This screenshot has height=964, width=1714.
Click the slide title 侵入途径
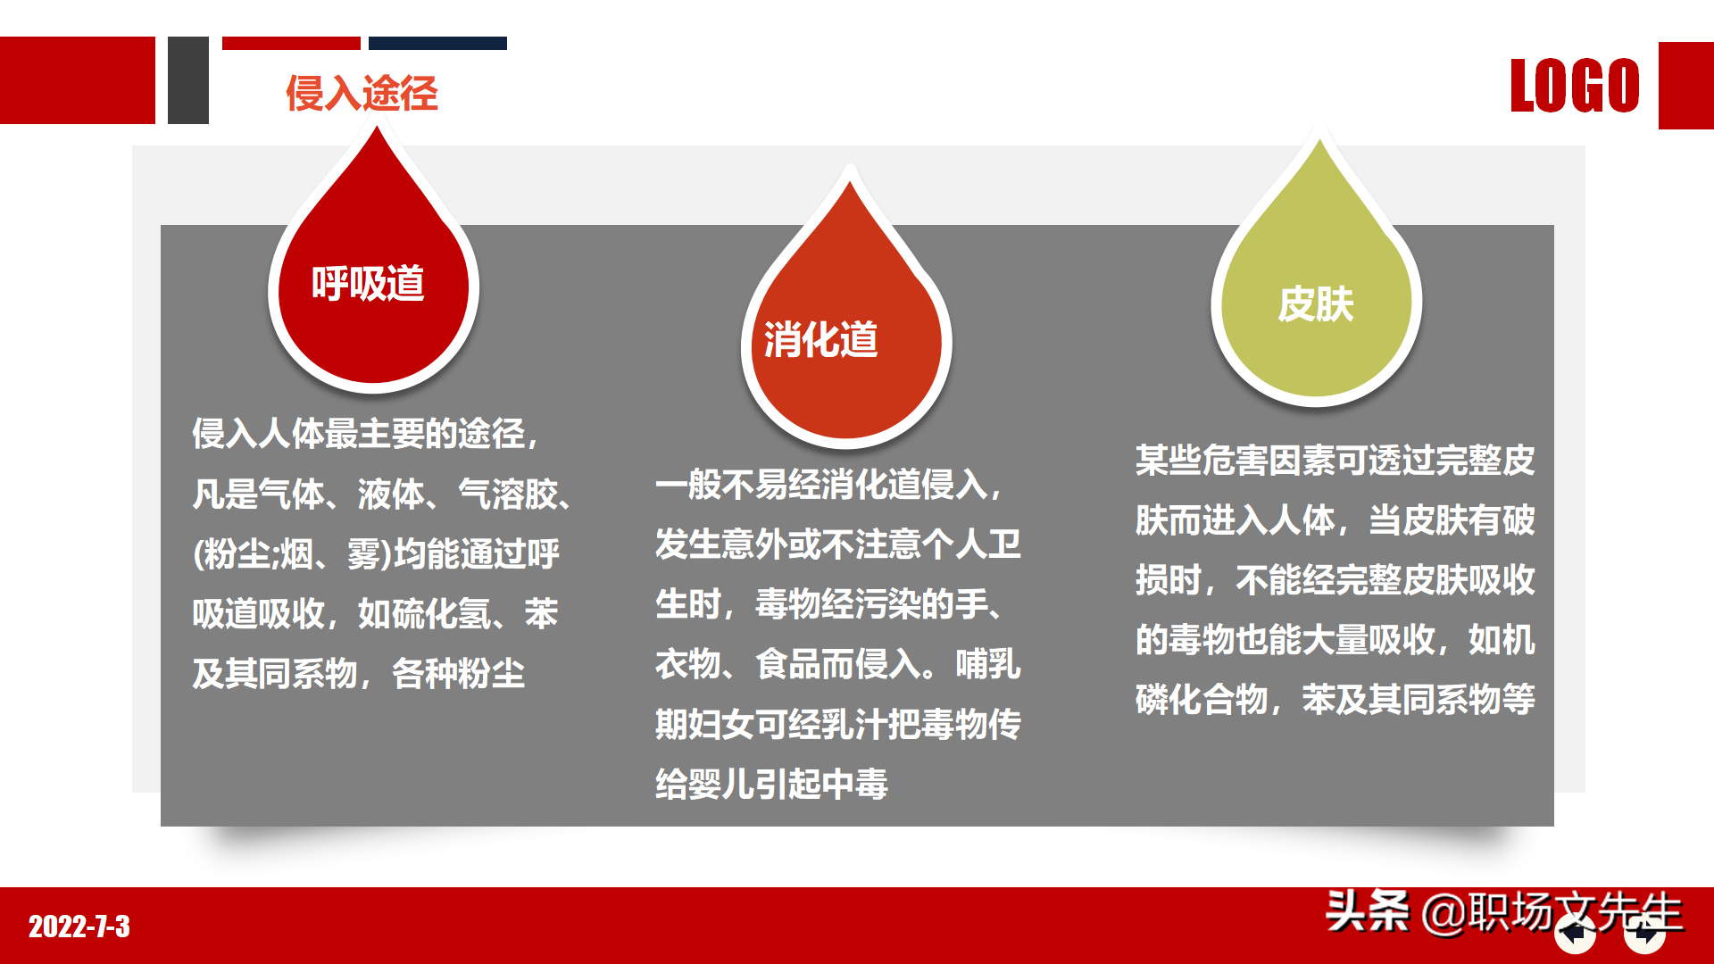pyautogui.click(x=362, y=93)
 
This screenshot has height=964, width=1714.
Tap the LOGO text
pyautogui.click(x=1575, y=86)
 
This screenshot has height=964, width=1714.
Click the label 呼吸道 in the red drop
pyautogui.click(x=368, y=284)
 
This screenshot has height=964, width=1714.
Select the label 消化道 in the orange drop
pyautogui.click(x=820, y=340)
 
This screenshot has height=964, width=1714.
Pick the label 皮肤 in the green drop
pyautogui.click(x=1316, y=304)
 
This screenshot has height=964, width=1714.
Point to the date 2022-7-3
pyautogui.click(x=79, y=927)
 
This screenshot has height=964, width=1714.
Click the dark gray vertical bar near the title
pyautogui.click(x=188, y=80)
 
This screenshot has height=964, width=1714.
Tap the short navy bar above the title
pyautogui.click(x=437, y=43)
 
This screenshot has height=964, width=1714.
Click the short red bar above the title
pyautogui.click(x=291, y=43)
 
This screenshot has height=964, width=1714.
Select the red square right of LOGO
pyautogui.click(x=1685, y=86)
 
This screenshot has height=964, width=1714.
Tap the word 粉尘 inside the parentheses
pyautogui.click(x=237, y=554)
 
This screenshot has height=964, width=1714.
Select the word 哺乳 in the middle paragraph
pyautogui.click(x=987, y=664)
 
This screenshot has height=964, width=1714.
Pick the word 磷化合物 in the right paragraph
pyautogui.click(x=1202, y=700)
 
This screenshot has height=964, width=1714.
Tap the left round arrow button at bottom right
pyautogui.click(x=1575, y=935)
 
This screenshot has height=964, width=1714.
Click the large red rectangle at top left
pyautogui.click(x=77, y=80)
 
